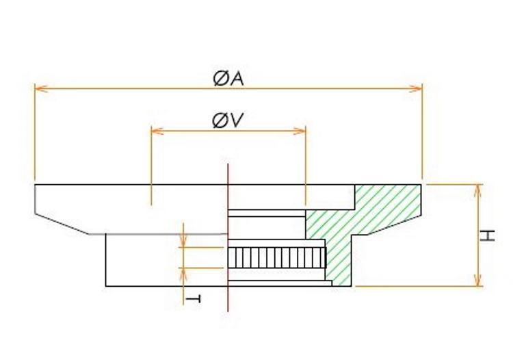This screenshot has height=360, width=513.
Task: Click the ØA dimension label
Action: tap(228, 79)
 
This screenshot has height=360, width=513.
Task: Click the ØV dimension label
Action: tap(228, 121)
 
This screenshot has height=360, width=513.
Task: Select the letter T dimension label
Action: tap(194, 299)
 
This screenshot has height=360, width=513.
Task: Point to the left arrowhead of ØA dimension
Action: tap(39, 88)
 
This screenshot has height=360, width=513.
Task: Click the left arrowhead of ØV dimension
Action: tap(155, 130)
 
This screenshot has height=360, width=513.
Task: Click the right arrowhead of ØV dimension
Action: tap(300, 130)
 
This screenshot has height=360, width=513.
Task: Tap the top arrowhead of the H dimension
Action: tap(478, 189)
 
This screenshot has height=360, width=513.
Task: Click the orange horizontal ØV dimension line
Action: tap(228, 130)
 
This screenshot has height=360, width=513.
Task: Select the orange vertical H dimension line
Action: tap(478, 235)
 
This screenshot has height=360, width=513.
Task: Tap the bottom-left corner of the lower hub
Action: tap(106, 285)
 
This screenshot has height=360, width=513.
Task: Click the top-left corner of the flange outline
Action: tap(35, 185)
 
